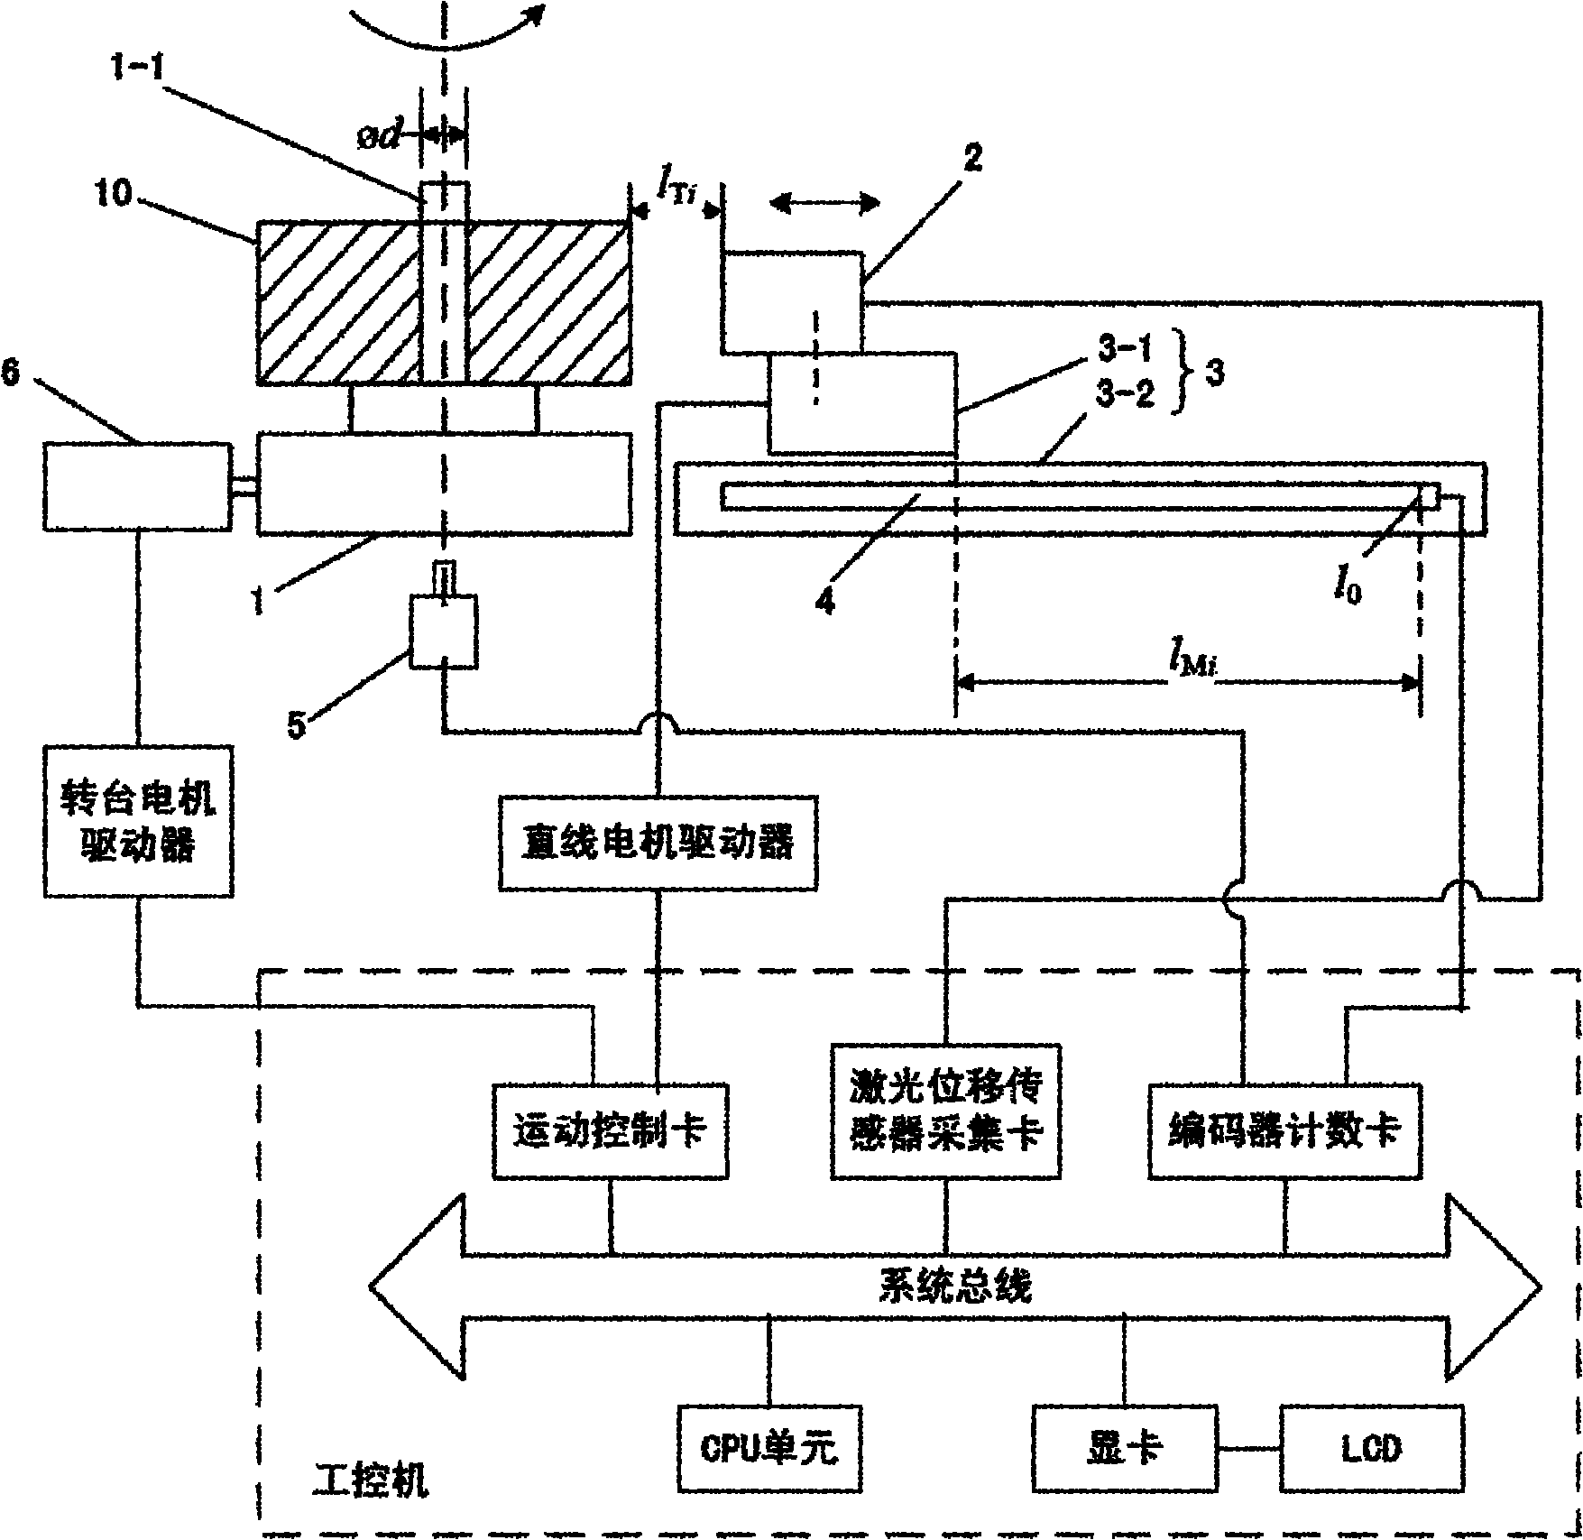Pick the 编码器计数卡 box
1284,1130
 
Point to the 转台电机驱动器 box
138,820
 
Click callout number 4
824,600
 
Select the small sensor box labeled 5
444,632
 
